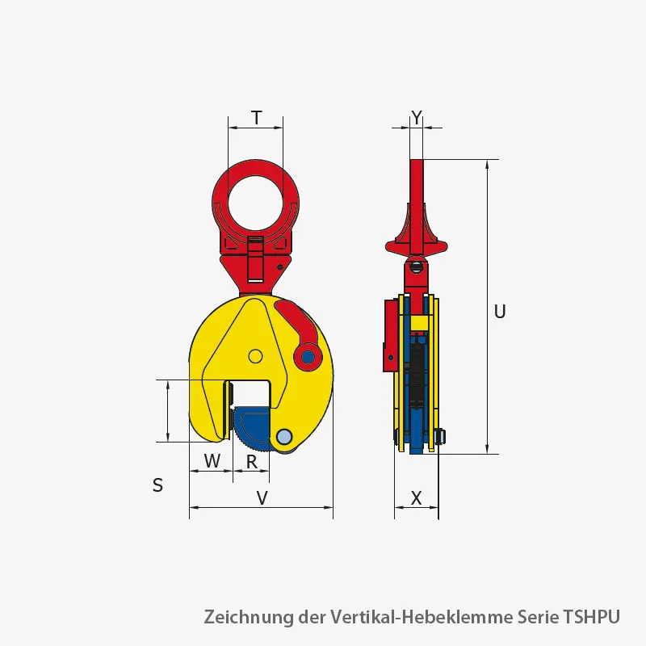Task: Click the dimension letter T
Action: tap(256, 118)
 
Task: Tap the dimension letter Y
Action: tap(417, 118)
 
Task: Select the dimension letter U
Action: tap(500, 312)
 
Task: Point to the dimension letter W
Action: tap(212, 461)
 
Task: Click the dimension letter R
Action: tap(252, 462)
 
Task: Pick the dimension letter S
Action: tap(157, 485)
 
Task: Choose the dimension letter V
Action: tap(262, 498)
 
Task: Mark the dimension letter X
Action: tap(417, 498)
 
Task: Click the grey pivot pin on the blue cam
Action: tap(283, 437)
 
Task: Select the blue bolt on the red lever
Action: tap(307, 356)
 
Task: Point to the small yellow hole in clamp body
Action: tap(255, 356)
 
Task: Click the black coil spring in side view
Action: tap(416, 371)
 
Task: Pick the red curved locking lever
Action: tap(296, 327)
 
